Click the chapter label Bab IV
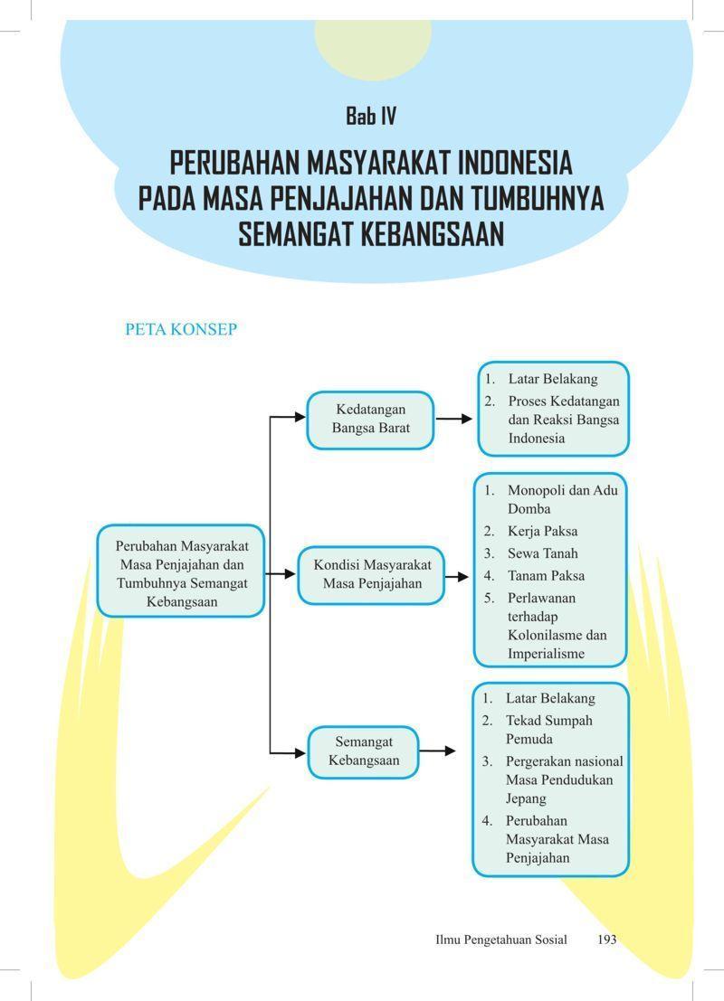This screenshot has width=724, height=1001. [371, 116]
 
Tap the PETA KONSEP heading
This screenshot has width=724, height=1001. [181, 329]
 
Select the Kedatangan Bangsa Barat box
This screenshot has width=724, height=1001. [371, 420]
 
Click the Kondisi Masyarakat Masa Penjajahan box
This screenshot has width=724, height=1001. [371, 575]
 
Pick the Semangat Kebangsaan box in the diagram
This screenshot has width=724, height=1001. [364, 752]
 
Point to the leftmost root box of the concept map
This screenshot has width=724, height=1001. [181, 571]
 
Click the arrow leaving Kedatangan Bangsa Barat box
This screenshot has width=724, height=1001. [454, 419]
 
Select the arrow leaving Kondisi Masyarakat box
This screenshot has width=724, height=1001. [458, 577]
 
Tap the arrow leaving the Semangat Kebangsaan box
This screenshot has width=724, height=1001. [438, 751]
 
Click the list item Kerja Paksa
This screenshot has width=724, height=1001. [542, 531]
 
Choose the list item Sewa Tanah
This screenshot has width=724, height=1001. [542, 553]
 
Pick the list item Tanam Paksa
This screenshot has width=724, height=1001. [546, 576]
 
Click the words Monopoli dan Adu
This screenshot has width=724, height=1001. [562, 490]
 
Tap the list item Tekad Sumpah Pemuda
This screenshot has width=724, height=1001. [549, 730]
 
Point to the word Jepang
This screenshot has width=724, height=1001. [526, 799]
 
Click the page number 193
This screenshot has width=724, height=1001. [606, 940]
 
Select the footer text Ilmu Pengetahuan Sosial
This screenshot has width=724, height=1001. [501, 940]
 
